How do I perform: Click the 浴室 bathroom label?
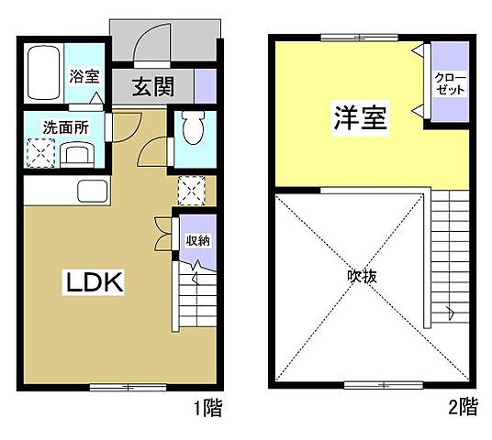84,77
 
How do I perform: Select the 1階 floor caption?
207,405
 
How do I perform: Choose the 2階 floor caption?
464,405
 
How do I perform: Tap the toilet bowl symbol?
191,129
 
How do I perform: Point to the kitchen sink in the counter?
93,193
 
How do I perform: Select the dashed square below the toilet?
192,191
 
